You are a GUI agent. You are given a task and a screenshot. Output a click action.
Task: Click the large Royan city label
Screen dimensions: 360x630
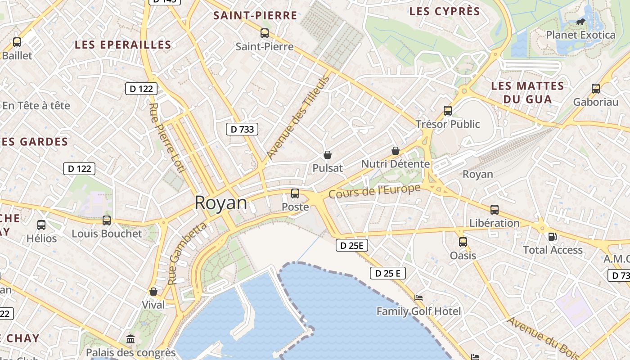(x=221, y=203)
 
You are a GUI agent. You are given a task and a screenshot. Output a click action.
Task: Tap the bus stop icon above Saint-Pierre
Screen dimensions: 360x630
(x=265, y=33)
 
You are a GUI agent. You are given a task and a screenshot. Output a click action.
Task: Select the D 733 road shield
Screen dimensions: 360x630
(x=242, y=130)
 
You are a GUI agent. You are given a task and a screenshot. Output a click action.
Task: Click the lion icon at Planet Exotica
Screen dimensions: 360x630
(x=580, y=21)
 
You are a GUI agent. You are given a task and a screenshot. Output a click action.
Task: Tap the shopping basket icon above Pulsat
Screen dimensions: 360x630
(x=328, y=155)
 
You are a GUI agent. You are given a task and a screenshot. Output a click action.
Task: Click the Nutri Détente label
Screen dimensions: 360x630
(x=395, y=164)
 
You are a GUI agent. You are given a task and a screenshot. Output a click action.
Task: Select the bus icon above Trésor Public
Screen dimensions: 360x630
(x=447, y=110)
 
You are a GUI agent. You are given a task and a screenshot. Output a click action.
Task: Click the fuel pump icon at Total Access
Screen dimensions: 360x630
(x=552, y=236)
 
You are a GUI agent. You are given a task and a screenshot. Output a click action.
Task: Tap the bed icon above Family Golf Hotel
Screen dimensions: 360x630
(x=418, y=298)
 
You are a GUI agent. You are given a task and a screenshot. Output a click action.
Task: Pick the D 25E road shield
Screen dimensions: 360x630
(x=352, y=245)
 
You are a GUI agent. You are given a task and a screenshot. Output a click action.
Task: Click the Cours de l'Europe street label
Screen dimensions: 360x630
(x=374, y=191)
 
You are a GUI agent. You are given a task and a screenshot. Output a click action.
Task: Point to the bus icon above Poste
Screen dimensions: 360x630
(x=295, y=193)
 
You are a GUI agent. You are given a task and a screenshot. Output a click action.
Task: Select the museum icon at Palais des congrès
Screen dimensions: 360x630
(x=130, y=339)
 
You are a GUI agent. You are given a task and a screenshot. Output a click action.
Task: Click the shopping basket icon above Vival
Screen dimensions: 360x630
(x=153, y=292)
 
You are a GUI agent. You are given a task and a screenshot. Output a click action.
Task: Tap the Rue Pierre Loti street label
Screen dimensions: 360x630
(x=166, y=137)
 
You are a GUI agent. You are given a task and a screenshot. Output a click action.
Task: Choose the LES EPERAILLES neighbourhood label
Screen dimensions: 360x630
(x=123, y=45)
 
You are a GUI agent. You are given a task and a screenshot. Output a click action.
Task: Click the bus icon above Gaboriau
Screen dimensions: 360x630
(x=596, y=89)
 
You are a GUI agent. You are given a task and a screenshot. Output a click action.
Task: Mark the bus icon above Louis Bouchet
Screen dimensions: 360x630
(x=107, y=220)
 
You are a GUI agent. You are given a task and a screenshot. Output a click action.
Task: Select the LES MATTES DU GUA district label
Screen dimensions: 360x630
(x=527, y=92)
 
